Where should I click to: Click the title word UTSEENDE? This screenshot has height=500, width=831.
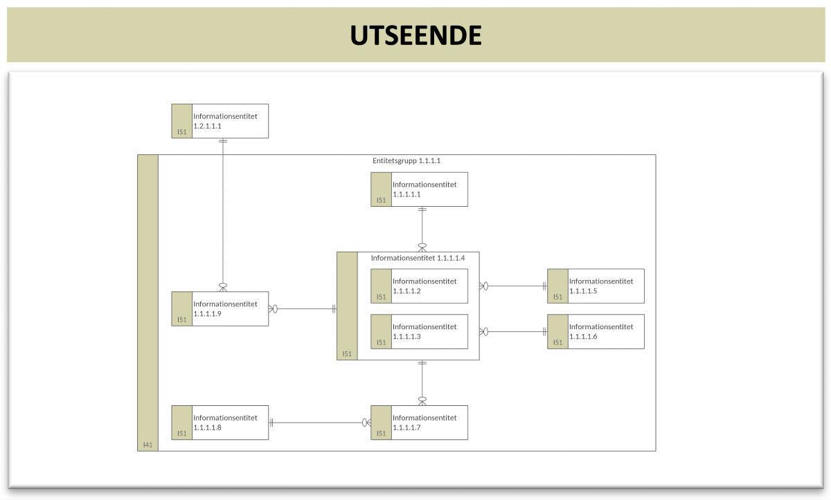tap(415, 35)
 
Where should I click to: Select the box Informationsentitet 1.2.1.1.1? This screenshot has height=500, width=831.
tap(220, 121)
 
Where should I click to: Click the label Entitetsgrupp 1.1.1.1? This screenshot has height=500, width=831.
tap(406, 160)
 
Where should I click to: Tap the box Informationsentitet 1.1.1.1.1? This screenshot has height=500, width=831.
tap(420, 189)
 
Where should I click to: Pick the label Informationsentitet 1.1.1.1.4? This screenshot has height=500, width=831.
tap(418, 258)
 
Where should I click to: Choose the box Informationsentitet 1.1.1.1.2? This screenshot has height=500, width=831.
tap(420, 286)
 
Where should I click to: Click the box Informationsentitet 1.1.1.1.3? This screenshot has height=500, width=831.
tap(420, 332)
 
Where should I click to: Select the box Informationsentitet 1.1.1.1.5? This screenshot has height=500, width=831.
tap(596, 286)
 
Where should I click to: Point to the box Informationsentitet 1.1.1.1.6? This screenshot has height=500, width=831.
tap(596, 332)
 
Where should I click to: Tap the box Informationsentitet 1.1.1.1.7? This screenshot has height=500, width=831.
tap(420, 423)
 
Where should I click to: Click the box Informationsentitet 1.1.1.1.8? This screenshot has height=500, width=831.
tap(220, 423)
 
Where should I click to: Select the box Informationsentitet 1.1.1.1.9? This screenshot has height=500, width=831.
tap(220, 308)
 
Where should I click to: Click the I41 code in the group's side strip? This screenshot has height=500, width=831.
tap(148, 445)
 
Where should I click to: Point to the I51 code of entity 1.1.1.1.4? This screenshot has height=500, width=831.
tap(347, 353)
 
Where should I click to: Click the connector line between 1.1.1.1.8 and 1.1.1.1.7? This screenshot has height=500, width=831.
tap(319, 423)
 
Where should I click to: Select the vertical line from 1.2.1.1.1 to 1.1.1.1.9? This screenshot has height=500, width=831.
tap(223, 214)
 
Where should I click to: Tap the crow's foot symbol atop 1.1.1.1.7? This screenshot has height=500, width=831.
tap(422, 400)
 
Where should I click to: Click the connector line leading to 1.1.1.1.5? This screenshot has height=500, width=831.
tap(516, 286)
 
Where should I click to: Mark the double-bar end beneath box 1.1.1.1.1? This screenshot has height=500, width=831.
tap(422, 210)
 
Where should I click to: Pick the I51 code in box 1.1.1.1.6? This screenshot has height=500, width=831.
tap(557, 342)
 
